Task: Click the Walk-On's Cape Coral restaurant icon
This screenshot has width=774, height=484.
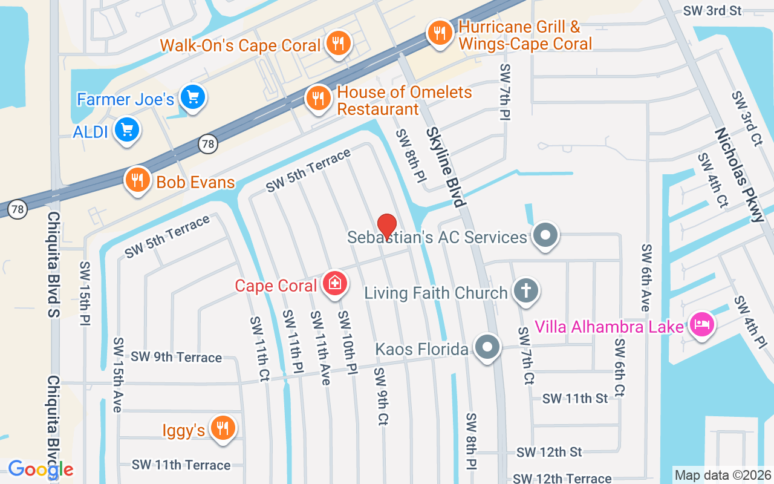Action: (x=338, y=43)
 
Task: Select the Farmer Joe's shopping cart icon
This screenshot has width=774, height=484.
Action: (x=193, y=97)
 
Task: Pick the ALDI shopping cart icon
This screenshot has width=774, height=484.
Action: (x=127, y=129)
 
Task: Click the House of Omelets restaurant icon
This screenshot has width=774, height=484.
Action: (x=317, y=98)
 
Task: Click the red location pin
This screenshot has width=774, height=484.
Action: (x=387, y=226)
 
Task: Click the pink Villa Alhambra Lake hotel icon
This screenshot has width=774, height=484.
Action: (x=701, y=325)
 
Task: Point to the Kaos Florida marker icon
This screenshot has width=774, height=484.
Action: (x=487, y=348)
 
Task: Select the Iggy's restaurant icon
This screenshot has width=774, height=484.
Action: (x=223, y=428)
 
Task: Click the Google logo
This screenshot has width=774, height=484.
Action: (x=41, y=469)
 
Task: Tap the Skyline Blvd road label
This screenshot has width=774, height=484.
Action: (x=446, y=167)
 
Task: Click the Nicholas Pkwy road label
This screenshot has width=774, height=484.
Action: (x=740, y=175)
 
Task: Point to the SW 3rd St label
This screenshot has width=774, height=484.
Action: (x=712, y=10)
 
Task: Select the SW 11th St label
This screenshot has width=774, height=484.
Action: (x=574, y=398)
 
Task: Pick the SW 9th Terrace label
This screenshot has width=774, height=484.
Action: (x=177, y=357)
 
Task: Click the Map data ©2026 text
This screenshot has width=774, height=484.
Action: (x=723, y=475)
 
